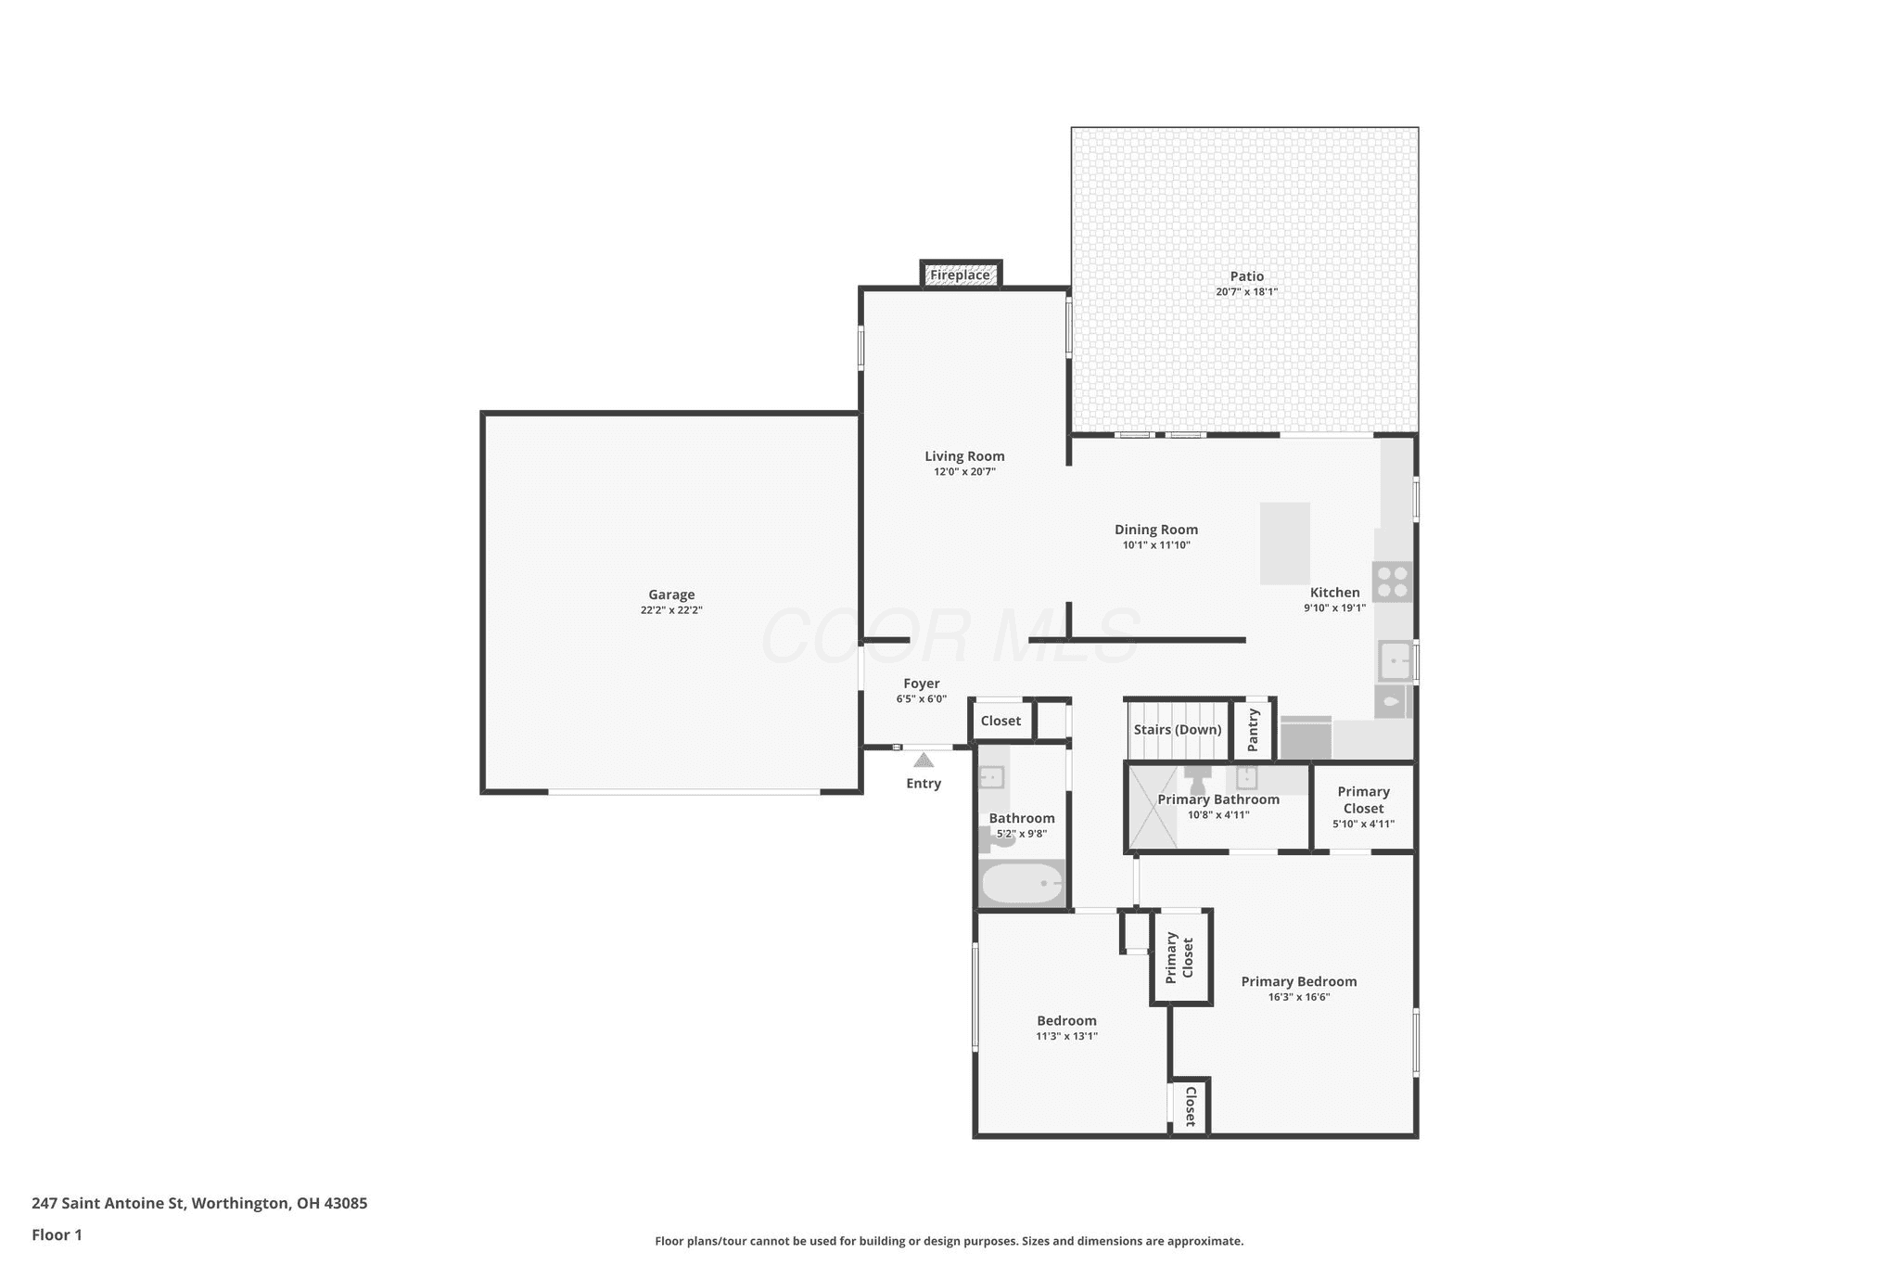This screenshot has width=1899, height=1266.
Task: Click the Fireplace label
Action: click(x=960, y=275)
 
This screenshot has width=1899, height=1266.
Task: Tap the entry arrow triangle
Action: click(x=924, y=761)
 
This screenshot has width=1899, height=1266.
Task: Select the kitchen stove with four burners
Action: click(x=1393, y=582)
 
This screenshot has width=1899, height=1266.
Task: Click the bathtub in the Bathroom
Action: click(x=1022, y=883)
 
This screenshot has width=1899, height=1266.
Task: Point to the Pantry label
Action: click(x=1254, y=730)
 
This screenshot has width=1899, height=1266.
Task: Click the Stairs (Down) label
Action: click(x=1178, y=730)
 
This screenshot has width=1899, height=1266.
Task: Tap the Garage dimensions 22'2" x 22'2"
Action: click(x=671, y=610)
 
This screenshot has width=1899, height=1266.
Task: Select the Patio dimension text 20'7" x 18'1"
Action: click(x=1247, y=291)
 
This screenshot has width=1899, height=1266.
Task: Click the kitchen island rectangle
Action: click(x=1285, y=543)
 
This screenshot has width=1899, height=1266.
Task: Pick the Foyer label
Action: click(x=922, y=684)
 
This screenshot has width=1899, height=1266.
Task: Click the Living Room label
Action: click(x=964, y=456)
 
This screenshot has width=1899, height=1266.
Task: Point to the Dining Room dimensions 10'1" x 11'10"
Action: click(x=1156, y=545)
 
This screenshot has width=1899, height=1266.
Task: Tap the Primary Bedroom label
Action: click(x=1299, y=981)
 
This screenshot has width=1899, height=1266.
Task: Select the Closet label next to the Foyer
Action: click(x=1000, y=721)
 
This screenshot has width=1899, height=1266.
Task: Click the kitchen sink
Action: click(x=1394, y=661)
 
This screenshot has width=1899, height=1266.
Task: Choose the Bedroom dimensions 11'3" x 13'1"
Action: click(x=1067, y=1036)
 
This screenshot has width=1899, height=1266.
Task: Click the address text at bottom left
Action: click(x=199, y=1203)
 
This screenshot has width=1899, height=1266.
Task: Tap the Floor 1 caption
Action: click(x=57, y=1234)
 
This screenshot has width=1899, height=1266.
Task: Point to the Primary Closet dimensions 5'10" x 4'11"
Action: click(x=1363, y=824)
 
